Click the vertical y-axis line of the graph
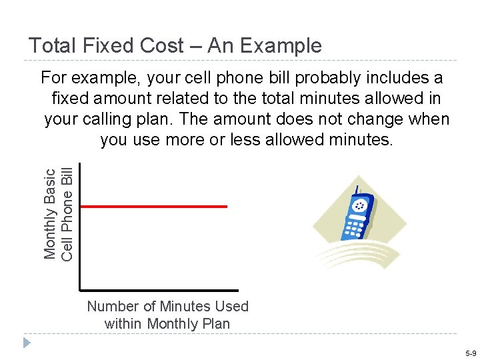(79, 227)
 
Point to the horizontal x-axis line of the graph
(159, 290)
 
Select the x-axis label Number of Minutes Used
(167, 307)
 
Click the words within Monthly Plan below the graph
(167, 324)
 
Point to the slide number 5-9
(470, 353)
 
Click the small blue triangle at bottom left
(26, 343)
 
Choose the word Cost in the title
(177, 45)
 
